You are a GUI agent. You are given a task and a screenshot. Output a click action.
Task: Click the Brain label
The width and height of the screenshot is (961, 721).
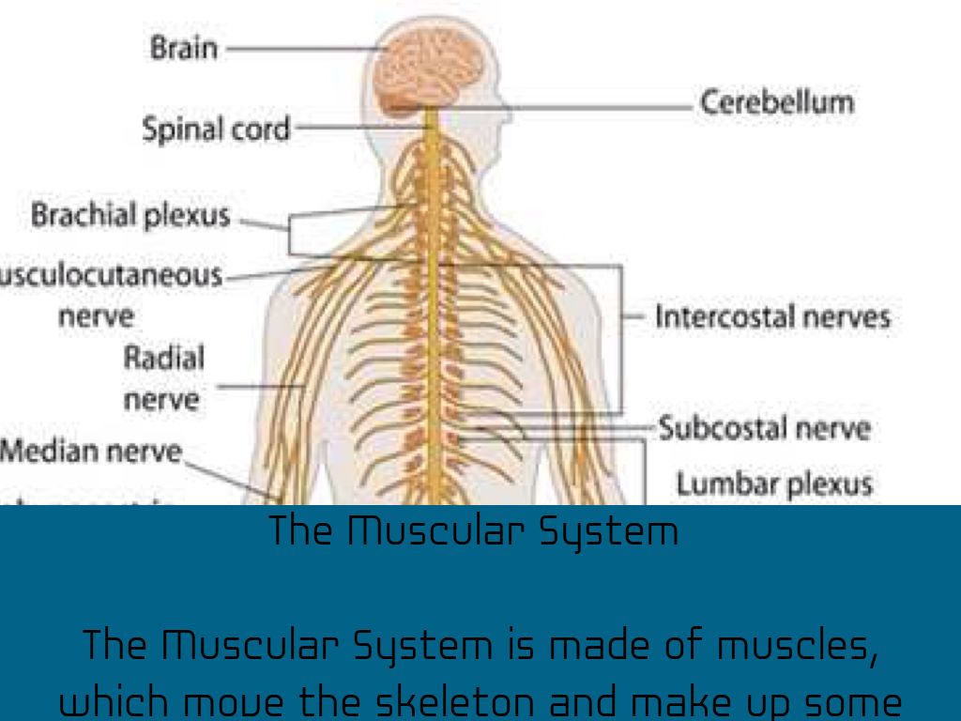coord(183,48)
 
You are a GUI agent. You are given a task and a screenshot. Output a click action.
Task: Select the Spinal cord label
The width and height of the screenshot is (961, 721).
coord(216,129)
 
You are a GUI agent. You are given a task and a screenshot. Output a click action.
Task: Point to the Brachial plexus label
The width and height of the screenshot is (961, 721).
coord(130,215)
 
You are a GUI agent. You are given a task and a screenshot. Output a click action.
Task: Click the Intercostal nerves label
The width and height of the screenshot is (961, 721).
coord(771,316)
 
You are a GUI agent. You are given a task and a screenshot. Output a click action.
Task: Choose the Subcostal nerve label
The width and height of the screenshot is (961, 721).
coord(763,429)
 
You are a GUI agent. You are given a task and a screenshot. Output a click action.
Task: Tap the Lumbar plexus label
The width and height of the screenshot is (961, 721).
coord(774,484)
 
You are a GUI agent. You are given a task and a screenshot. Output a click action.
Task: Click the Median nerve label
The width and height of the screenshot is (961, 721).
coord(90,452)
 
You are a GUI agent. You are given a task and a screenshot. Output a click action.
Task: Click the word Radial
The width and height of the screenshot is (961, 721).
coord(164,358)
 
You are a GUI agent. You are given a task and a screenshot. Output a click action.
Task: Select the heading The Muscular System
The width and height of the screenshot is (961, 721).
coord(473,531)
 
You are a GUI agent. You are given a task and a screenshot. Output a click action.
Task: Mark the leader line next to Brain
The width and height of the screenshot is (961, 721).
coord(300,46)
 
